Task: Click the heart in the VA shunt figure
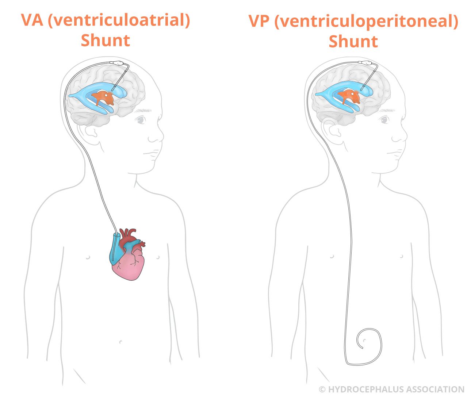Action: tap(127, 255)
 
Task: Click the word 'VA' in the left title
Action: tap(32, 20)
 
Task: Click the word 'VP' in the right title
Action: tap(259, 21)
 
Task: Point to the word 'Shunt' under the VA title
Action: tap(106, 40)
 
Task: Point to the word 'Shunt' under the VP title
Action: tap(353, 41)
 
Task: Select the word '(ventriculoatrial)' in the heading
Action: tap(119, 20)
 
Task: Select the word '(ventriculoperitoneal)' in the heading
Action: tap(367, 22)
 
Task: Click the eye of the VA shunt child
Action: tap(141, 119)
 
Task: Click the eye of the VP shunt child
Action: tap(385, 119)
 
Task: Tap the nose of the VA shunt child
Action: tap(157, 136)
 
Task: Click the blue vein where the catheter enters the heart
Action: tap(115, 249)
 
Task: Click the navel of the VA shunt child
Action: tap(120, 342)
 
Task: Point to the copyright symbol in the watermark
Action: tap(322, 389)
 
